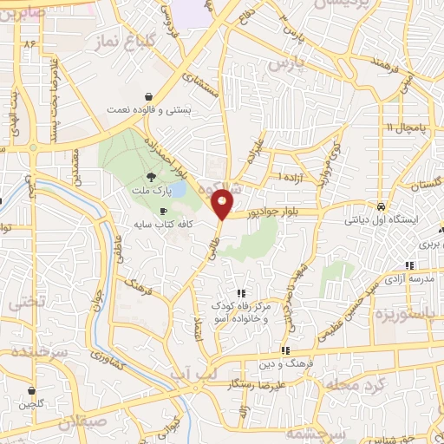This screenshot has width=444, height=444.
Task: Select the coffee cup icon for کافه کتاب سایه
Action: tap(163, 212)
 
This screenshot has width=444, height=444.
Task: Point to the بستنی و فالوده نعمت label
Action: tap(148, 110)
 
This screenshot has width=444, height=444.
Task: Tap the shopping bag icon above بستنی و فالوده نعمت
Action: tap(149, 97)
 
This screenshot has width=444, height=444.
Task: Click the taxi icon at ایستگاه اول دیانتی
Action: tap(381, 207)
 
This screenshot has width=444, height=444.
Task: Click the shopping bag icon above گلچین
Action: tap(32, 392)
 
